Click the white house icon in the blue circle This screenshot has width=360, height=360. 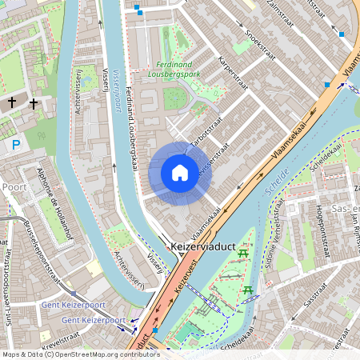[x=180, y=173]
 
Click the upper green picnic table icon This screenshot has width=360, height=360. [x=243, y=254]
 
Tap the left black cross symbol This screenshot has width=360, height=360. [x=12, y=102]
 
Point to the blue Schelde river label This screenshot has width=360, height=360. [x=276, y=186]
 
